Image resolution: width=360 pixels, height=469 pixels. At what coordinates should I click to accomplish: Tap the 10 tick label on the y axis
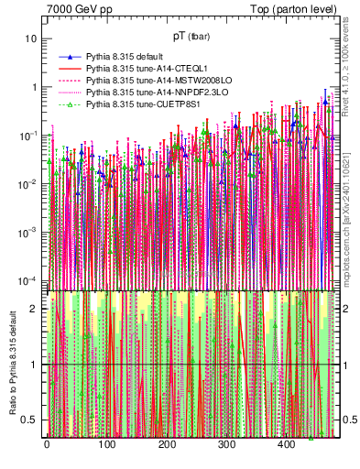[31, 39]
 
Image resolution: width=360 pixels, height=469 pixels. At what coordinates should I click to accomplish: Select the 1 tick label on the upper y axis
[34, 88]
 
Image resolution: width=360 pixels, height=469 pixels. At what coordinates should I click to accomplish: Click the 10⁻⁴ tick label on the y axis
[29, 280]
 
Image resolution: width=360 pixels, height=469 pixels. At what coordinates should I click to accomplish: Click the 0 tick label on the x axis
[47, 446]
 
